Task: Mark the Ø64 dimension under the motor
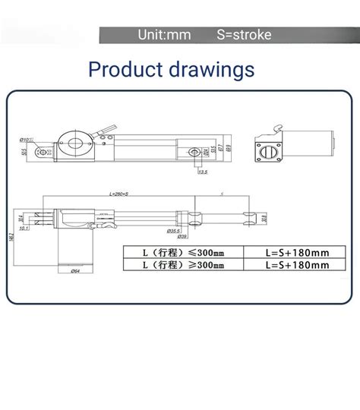point(75,270)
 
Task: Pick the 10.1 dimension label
point(24,227)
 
